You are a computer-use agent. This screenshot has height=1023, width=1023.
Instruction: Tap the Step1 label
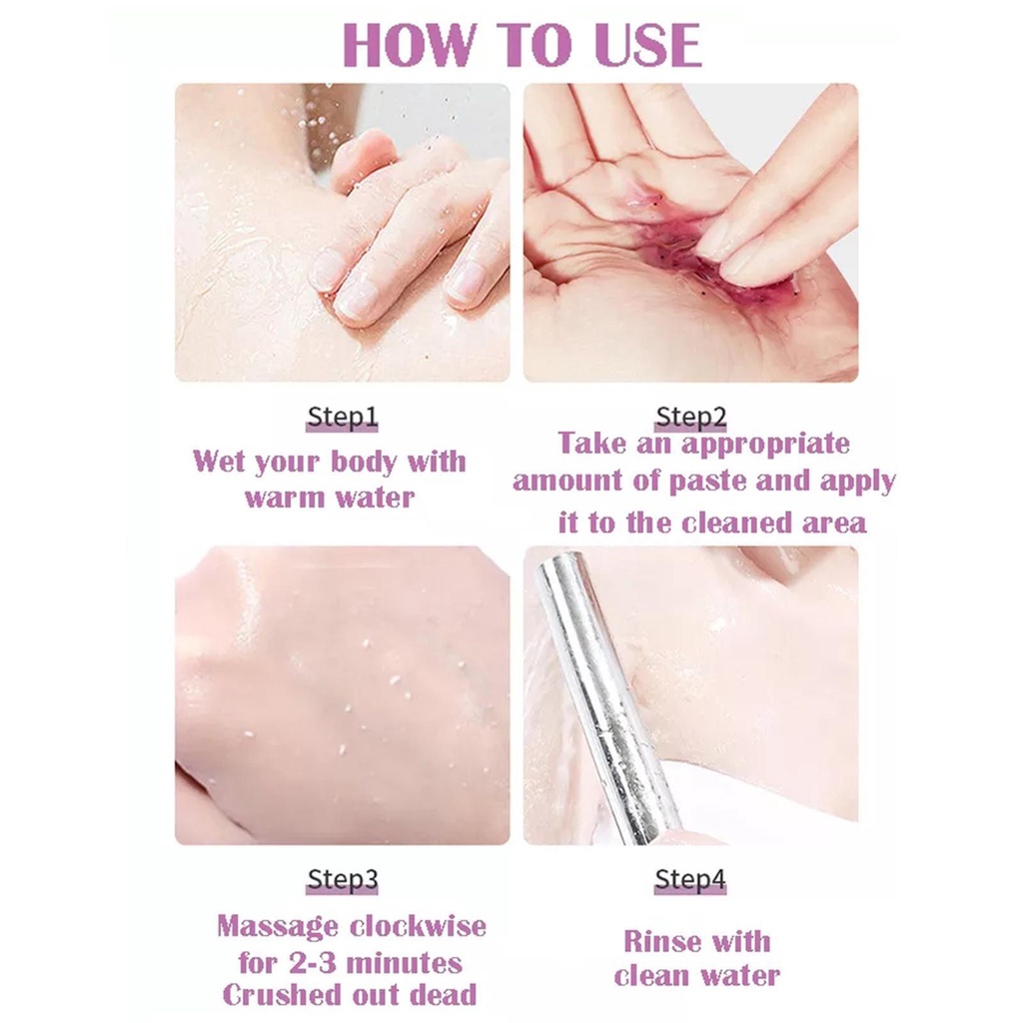[x=342, y=417]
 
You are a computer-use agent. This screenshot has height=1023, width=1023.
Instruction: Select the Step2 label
[x=691, y=417]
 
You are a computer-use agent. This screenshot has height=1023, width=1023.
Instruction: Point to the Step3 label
[x=342, y=879]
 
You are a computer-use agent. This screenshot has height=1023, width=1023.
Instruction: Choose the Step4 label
[x=690, y=879]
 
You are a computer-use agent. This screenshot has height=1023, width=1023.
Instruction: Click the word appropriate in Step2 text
[x=765, y=444]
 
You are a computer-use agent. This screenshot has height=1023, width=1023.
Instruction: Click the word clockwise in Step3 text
[x=419, y=926]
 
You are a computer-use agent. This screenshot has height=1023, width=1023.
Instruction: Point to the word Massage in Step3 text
[x=278, y=927]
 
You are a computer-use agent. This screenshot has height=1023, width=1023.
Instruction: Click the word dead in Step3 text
[x=443, y=996]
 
